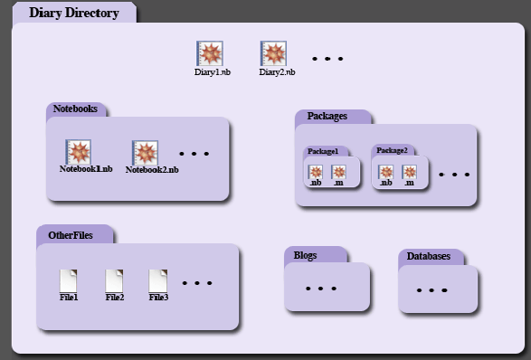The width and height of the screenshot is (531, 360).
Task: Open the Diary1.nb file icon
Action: pos(210,53)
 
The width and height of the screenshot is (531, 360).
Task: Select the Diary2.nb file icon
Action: pos(273,53)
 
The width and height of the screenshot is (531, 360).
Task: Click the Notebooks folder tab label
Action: pos(75,109)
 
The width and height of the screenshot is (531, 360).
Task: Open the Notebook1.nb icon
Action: pos(80,152)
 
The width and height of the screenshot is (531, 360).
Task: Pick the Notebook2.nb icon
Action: pos(146,153)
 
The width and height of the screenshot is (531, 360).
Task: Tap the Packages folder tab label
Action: pos(327,117)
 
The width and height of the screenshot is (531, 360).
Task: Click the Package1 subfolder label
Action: pos(323,151)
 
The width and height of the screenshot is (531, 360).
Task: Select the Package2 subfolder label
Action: pos(392,150)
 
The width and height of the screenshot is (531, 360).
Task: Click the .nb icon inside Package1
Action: pos(316,172)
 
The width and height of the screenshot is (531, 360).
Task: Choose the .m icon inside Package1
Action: pos(339,172)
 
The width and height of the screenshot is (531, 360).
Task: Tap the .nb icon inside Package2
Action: pos(386,172)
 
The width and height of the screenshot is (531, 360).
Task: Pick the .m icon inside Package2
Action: pos(410,172)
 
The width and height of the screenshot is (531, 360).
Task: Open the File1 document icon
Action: pos(69,279)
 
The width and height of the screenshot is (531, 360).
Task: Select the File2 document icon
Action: pos(115,279)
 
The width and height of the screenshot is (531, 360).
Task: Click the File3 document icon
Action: pos(158,279)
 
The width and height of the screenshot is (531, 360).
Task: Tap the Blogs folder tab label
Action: pos(306,255)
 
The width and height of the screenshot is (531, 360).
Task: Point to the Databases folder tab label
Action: pos(429,257)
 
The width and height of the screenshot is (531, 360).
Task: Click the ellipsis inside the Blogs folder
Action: pos(321,289)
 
